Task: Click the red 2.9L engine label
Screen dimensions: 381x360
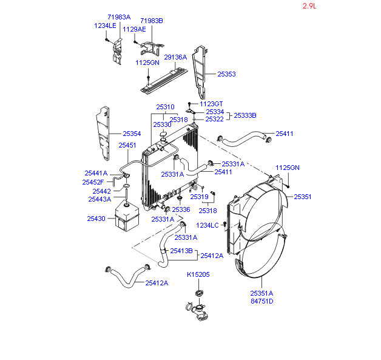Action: [x=309, y=6]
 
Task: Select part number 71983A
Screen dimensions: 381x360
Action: [x=119, y=17]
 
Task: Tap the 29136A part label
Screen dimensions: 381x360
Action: [x=175, y=57]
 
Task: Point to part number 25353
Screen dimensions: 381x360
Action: [x=226, y=74]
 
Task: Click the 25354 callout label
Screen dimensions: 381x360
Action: [x=132, y=134]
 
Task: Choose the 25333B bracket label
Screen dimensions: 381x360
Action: [x=245, y=115]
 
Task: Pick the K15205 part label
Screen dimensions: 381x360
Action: [x=198, y=274]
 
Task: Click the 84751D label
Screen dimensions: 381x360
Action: [x=262, y=301]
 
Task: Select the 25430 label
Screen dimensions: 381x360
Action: [x=96, y=219]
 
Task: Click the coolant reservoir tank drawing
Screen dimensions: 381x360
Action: [x=126, y=216]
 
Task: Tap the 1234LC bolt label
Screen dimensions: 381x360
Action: [x=207, y=225]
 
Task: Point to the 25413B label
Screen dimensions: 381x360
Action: [x=181, y=251]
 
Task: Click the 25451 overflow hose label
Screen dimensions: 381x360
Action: [x=127, y=145]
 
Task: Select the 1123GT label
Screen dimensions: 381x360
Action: [x=211, y=104]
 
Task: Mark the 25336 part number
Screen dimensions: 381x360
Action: [x=181, y=209]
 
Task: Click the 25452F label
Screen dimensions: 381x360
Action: [x=93, y=182]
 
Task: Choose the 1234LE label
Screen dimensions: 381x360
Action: [x=105, y=25]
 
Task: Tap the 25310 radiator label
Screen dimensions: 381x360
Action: [x=165, y=107]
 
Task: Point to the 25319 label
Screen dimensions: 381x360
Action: [x=199, y=197]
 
